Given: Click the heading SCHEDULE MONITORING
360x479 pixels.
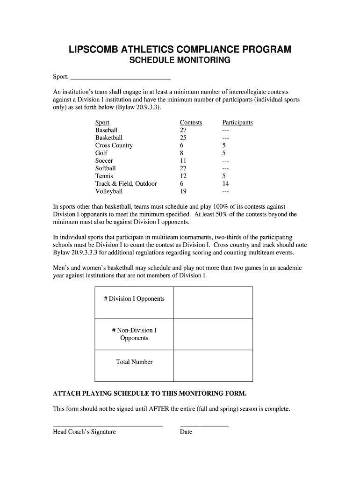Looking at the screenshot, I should coord(180,61).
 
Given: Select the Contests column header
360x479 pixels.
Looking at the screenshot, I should coord(191,123).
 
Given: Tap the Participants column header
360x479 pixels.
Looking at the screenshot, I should coord(238,123).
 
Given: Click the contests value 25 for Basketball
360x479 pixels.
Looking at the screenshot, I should coord(183,138).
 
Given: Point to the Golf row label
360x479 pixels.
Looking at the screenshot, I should coord(101,153).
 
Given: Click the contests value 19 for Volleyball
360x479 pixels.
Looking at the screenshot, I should coord(183,191).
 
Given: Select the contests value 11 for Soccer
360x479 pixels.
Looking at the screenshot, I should coord(183,161).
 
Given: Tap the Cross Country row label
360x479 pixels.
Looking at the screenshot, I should coord(114,145).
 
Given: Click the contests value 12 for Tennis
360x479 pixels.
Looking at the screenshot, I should coord(183,176).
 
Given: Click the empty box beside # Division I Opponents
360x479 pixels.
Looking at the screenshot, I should coord(213,302).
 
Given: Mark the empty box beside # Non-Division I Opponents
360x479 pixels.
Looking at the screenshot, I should coord(213,334).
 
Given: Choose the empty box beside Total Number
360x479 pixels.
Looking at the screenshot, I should coord(213,365).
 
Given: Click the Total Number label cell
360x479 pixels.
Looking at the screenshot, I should coord(134,362).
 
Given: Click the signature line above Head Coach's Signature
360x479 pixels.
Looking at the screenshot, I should coord(108,426).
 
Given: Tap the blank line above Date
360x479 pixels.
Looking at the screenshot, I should coord(204,426).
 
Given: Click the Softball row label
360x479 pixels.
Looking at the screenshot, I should coord(106,168).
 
